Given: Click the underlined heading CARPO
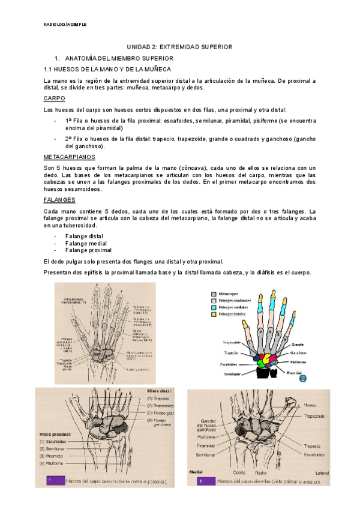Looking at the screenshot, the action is click(x=55, y=98).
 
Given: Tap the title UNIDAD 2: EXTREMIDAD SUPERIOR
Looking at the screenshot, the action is click(x=179, y=47).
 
